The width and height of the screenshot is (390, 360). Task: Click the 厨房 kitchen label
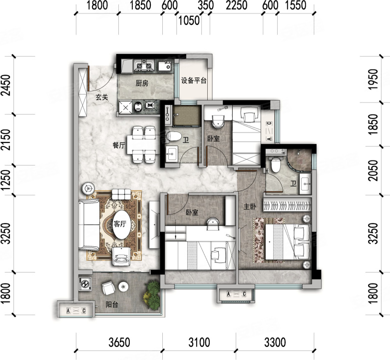[142, 83]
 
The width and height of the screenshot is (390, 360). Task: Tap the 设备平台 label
[194, 80]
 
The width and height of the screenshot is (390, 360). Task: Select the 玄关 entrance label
[102, 97]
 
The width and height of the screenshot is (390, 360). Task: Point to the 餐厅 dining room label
[119, 145]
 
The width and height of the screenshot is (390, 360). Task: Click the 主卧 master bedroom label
[250, 206]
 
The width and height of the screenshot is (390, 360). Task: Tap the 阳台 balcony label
[112, 304]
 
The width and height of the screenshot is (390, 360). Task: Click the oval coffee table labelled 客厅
[121, 224]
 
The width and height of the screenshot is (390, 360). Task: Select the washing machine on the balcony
[85, 284]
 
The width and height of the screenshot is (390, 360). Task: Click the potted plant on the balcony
[151, 295]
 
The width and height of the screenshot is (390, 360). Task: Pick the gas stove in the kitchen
[144, 65]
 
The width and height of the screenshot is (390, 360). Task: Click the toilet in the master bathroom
[275, 164]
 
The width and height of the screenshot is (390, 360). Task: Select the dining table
[143, 144]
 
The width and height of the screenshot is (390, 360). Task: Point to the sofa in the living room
[89, 224]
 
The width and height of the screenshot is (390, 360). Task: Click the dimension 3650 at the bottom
[119, 342]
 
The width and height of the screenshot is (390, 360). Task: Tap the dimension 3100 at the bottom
[199, 342]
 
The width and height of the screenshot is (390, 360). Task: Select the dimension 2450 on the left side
[6, 85]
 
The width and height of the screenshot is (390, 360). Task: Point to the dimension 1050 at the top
[189, 20]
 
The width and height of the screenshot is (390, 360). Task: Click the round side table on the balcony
[123, 286]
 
